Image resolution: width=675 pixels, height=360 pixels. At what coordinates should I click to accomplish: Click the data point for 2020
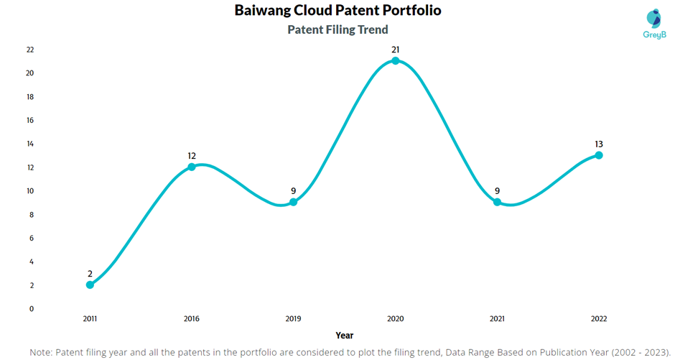[x=395, y=60]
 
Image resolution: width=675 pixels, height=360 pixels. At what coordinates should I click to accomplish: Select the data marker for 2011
[x=90, y=285]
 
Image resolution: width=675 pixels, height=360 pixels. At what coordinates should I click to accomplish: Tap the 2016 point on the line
[x=192, y=167]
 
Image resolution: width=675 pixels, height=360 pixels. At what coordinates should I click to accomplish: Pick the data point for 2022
[x=599, y=155]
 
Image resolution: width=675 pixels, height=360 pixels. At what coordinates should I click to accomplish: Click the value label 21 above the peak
[x=395, y=50]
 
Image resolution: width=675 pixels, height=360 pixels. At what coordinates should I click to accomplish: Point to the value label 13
[x=599, y=144]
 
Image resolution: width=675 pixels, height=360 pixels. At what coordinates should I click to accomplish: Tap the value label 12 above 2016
[x=192, y=156]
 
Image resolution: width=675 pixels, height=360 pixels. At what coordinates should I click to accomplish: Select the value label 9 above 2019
[x=294, y=191]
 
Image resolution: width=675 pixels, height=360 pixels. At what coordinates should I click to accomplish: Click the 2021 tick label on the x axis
[x=497, y=318]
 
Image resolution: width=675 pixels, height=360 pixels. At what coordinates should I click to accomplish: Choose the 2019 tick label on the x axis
[x=293, y=318]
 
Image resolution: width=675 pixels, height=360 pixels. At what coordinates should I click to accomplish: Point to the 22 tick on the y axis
[x=30, y=50]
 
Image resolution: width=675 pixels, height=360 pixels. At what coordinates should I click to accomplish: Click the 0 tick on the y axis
[x=32, y=309]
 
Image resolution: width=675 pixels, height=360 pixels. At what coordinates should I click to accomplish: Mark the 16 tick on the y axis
[x=30, y=120]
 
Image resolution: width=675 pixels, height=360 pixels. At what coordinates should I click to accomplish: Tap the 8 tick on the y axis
[x=32, y=214]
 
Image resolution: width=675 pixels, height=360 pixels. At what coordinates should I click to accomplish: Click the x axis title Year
[x=345, y=335]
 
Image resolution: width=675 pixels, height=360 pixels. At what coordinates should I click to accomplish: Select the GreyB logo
[x=654, y=24]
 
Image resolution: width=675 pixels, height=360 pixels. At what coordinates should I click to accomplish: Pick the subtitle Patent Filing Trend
[x=337, y=29]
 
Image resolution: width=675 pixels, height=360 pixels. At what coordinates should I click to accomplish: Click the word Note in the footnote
[x=41, y=352]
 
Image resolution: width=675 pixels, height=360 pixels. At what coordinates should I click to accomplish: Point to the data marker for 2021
[x=497, y=202]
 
